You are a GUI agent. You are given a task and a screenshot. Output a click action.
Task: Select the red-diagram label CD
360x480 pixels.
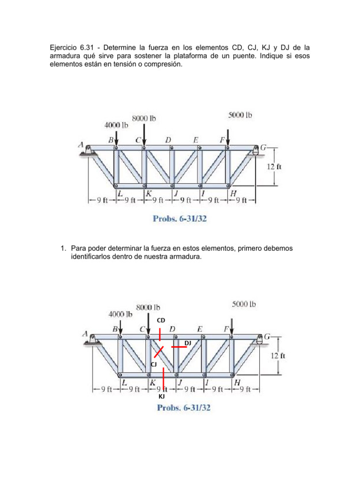pos(161,320)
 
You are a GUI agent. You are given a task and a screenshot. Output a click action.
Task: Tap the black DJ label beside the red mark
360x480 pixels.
pos(187,343)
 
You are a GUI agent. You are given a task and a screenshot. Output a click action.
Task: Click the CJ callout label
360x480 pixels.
pos(153,364)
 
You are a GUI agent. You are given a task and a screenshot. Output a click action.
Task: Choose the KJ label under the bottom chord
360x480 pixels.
pos(161,397)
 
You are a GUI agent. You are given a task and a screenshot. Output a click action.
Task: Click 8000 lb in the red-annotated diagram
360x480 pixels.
pos(148,308)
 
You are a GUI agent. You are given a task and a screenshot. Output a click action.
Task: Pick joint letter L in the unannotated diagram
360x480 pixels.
pos(120,193)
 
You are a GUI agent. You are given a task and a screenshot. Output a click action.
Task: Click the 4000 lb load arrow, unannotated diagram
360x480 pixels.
pos(116,138)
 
